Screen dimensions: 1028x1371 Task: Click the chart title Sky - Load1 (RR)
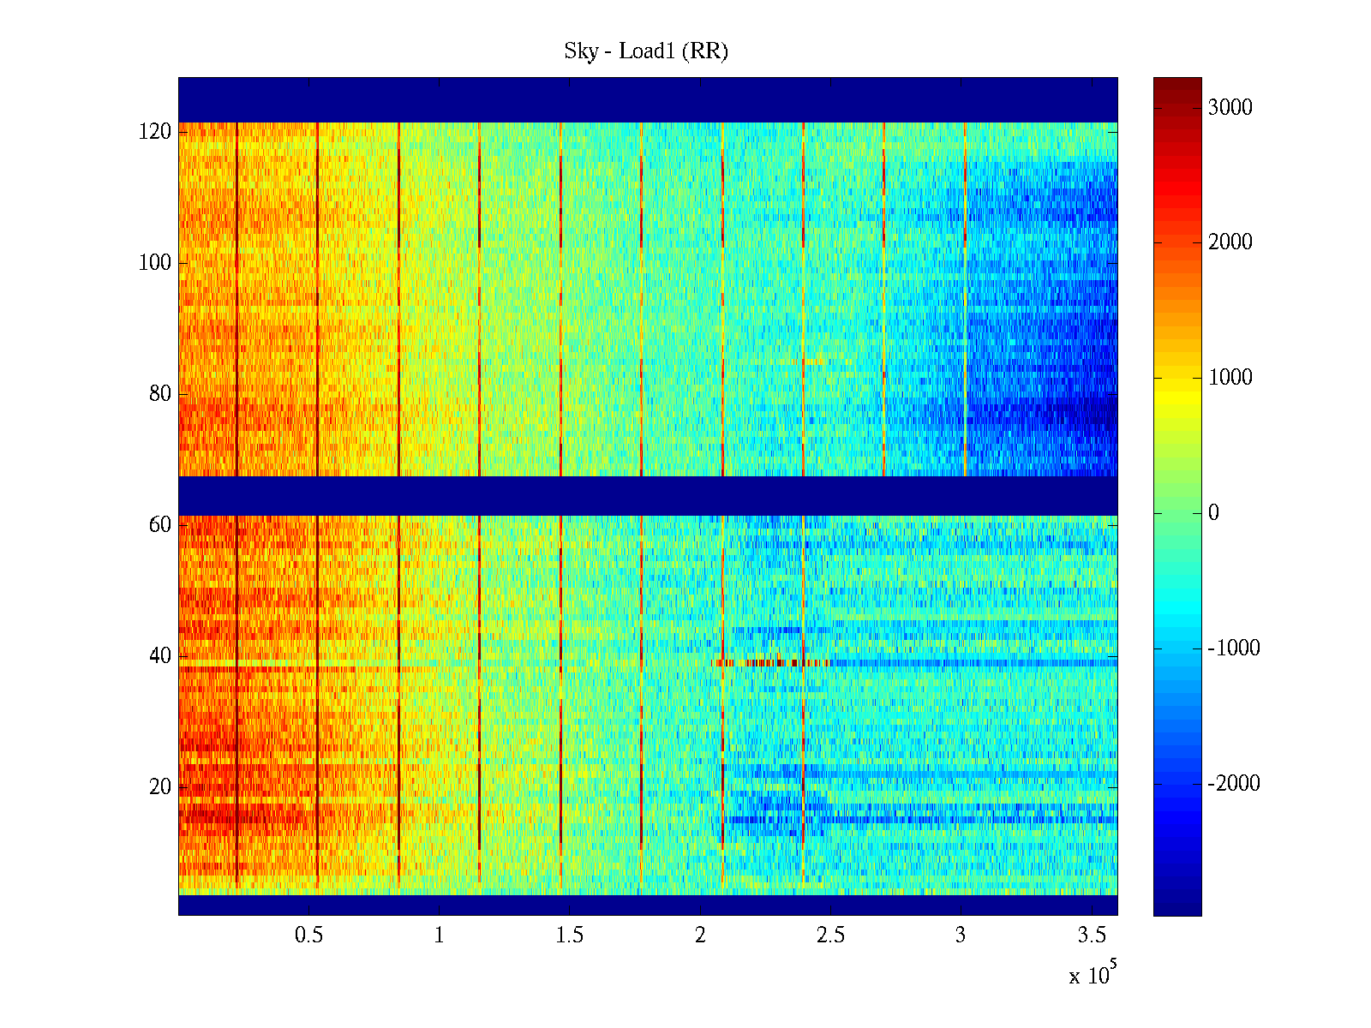pyautogui.click(x=646, y=51)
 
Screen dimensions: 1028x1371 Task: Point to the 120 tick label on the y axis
pyautogui.click(x=155, y=132)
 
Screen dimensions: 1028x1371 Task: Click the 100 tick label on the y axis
pyautogui.click(x=155, y=263)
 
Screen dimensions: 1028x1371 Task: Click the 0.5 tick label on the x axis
pyautogui.click(x=309, y=935)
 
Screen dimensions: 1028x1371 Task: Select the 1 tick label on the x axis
pyautogui.click(x=440, y=935)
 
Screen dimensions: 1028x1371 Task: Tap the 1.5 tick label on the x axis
pyautogui.click(x=570, y=935)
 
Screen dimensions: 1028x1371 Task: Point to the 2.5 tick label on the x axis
pyautogui.click(x=830, y=935)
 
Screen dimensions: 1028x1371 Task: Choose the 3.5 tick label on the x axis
pyautogui.click(x=1092, y=935)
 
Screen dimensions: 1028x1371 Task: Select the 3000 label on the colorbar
pyautogui.click(x=1230, y=107)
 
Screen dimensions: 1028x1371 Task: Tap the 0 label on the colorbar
pyautogui.click(x=1213, y=513)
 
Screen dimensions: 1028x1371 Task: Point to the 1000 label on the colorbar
pyautogui.click(x=1230, y=378)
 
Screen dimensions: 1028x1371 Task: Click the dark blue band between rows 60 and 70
pyautogui.click(x=648, y=496)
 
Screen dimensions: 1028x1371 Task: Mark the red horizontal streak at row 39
pyautogui.click(x=763, y=662)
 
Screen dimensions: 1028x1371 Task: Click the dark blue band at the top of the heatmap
pyautogui.click(x=648, y=99)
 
